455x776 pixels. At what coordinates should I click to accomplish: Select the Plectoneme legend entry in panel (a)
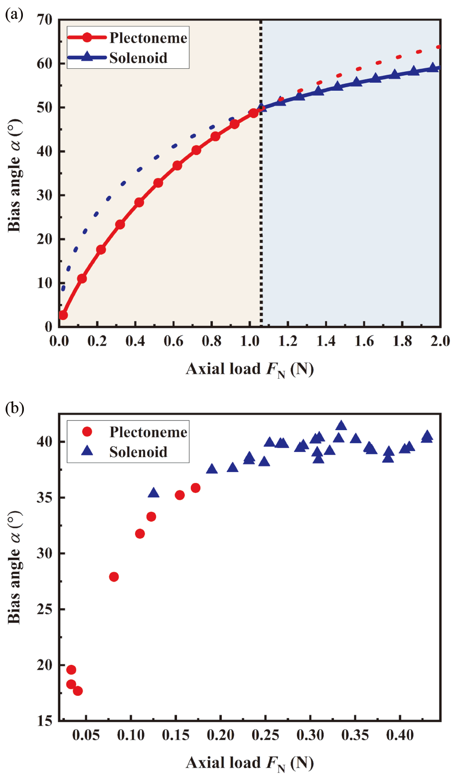(x=148, y=38)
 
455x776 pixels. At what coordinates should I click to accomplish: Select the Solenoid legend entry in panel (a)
(x=138, y=58)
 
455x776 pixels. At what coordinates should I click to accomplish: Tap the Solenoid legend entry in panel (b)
(x=138, y=452)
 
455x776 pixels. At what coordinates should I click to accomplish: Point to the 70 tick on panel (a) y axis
(x=44, y=20)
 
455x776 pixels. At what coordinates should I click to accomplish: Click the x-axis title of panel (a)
(x=250, y=369)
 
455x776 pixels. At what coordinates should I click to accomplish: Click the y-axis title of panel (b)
(x=14, y=567)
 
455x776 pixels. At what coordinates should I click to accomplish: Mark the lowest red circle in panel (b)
(x=78, y=691)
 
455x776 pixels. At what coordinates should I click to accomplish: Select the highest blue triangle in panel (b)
(x=341, y=426)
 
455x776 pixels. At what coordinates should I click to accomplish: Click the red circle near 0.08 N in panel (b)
(x=114, y=577)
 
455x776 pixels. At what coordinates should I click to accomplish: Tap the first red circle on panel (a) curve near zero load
(x=63, y=315)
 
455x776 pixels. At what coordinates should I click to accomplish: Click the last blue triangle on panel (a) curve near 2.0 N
(x=433, y=67)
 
